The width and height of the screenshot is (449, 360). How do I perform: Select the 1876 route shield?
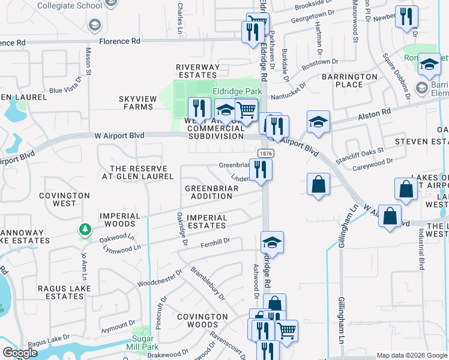(263, 154)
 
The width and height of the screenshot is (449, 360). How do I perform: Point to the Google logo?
(20, 353)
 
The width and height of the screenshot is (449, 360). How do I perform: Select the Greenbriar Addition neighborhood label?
(212, 192)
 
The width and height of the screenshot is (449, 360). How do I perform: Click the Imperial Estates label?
(206, 221)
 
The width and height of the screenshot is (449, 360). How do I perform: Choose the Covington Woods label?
(202, 320)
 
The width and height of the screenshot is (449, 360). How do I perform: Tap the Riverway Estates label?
(196, 71)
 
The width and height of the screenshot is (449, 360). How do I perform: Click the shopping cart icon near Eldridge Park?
(246, 110)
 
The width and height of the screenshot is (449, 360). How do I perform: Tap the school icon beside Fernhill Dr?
(272, 242)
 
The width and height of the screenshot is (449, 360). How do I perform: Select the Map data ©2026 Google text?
(411, 355)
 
